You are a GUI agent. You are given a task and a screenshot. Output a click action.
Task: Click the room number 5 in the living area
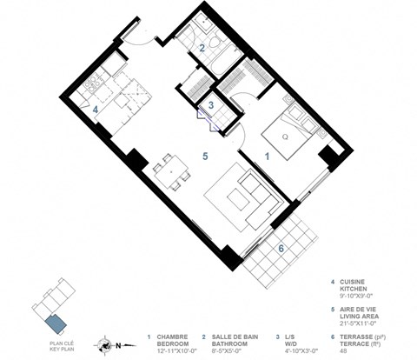tap(205, 157)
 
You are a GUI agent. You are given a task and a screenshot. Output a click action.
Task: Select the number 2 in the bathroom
tap(202, 49)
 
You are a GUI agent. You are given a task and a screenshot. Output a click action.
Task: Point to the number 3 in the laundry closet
tap(211, 105)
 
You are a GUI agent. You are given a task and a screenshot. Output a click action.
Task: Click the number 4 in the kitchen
tap(96, 109)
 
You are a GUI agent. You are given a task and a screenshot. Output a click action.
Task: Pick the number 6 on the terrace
tap(281, 247)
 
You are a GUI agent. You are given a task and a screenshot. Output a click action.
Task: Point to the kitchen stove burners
tap(92, 84)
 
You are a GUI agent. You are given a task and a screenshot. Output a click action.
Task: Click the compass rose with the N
tap(106, 342)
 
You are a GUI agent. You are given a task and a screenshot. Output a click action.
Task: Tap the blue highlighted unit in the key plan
tap(55, 324)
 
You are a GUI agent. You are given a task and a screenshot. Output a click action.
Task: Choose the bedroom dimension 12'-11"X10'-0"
tap(170, 350)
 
